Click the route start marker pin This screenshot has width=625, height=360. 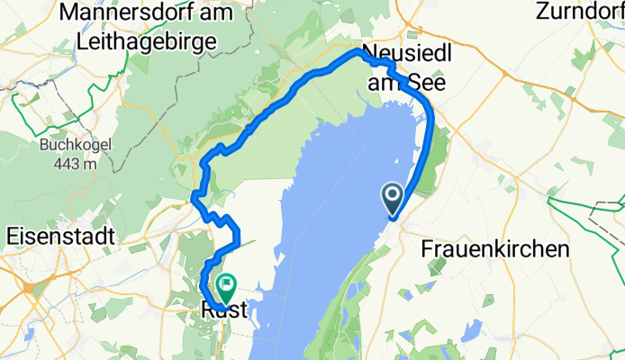(x=394, y=197)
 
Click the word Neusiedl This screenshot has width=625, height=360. (x=400, y=53)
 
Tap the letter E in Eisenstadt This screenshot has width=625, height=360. (x=13, y=236)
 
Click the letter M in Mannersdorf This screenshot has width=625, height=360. (x=71, y=13)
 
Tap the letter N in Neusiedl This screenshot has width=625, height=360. (x=368, y=53)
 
